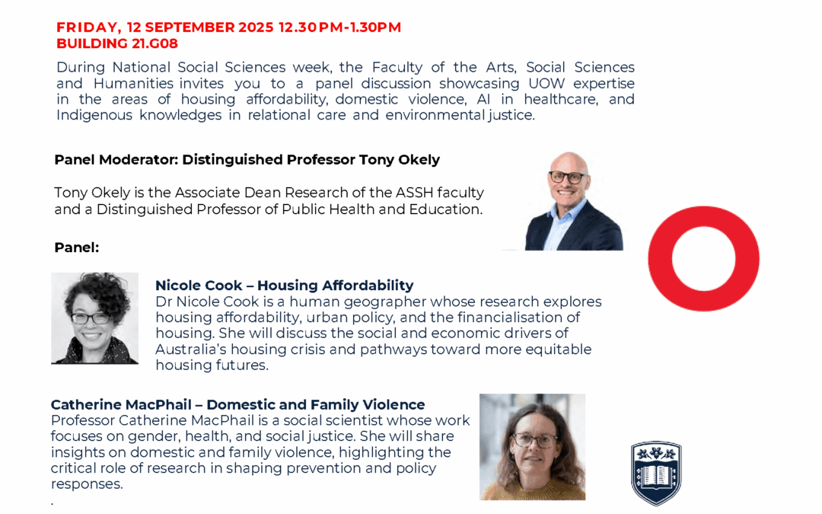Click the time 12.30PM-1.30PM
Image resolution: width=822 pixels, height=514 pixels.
(339, 27)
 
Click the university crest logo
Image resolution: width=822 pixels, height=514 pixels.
(656, 473)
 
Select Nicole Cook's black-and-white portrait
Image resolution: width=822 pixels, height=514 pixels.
(94, 318)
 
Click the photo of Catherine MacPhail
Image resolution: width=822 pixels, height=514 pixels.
(532, 447)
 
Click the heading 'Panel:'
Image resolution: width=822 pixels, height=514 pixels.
(77, 247)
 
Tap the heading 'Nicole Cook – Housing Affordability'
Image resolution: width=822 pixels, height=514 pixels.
(284, 286)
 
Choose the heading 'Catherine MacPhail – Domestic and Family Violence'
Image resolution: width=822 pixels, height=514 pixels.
(237, 404)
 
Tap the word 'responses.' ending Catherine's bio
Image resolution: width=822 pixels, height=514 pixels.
(86, 484)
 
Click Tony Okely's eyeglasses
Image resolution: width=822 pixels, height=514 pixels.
(568, 177)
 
